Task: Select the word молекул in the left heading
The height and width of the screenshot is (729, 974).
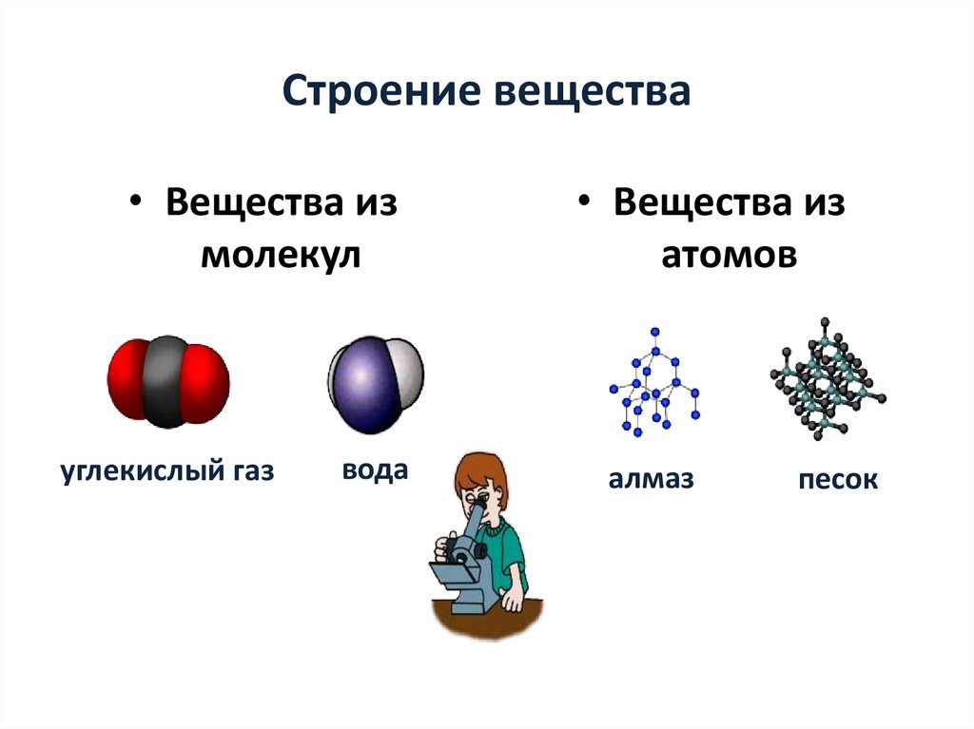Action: [280, 256]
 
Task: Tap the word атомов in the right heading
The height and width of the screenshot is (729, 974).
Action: [729, 256]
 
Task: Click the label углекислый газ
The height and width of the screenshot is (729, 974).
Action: [167, 470]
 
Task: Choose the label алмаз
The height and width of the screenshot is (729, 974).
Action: [652, 480]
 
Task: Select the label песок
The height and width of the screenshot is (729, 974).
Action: [838, 481]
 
